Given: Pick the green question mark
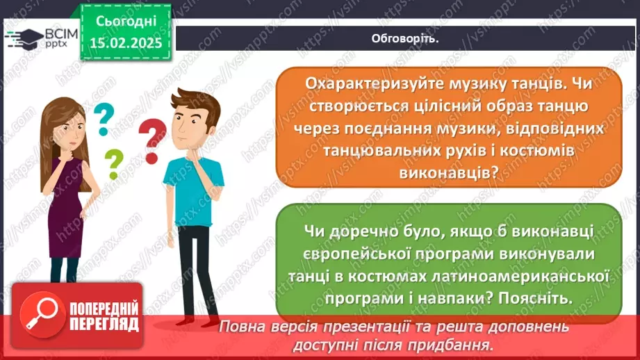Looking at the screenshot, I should point(114,165).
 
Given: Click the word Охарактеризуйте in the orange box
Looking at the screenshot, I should point(361,83).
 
